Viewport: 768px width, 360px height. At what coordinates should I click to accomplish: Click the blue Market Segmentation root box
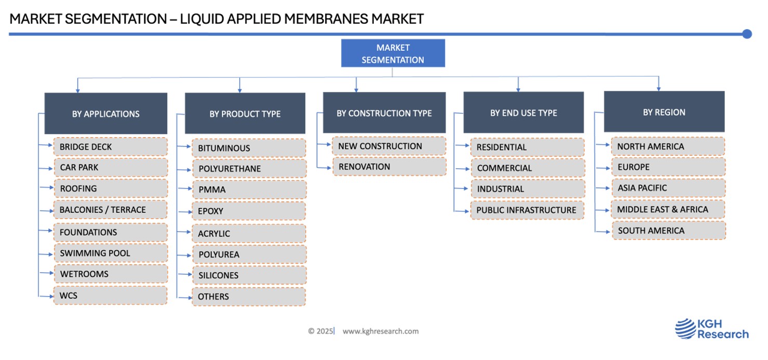(x=393, y=53)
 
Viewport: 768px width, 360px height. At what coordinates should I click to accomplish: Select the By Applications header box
(x=106, y=113)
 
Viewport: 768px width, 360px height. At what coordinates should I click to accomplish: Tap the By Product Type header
(x=245, y=113)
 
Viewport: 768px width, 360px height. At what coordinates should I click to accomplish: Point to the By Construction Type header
(x=384, y=112)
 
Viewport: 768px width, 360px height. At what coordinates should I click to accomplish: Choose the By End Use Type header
(x=523, y=112)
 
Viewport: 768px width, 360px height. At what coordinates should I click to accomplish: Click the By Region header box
(x=664, y=111)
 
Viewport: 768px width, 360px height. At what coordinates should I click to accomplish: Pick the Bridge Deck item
(x=111, y=146)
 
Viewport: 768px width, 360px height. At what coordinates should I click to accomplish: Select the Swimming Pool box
(x=111, y=253)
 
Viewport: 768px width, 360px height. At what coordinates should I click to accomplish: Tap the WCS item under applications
(x=111, y=296)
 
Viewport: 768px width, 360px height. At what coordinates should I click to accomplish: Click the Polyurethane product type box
(x=249, y=169)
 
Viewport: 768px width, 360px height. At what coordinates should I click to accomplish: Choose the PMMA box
(x=249, y=190)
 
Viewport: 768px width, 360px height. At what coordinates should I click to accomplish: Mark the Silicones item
(x=249, y=275)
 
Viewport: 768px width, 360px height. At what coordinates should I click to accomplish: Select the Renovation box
(x=389, y=167)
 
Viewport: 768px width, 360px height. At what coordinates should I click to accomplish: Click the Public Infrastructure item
(x=527, y=210)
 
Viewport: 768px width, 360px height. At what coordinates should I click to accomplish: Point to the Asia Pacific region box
(x=669, y=188)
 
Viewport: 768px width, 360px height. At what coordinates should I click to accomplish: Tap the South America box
(x=669, y=231)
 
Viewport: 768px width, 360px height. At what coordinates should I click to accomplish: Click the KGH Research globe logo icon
(x=685, y=329)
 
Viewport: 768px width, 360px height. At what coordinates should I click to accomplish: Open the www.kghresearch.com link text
(x=381, y=331)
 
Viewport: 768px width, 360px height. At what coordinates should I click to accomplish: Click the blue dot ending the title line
(x=747, y=34)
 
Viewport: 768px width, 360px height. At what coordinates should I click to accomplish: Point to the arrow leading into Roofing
(x=47, y=188)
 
